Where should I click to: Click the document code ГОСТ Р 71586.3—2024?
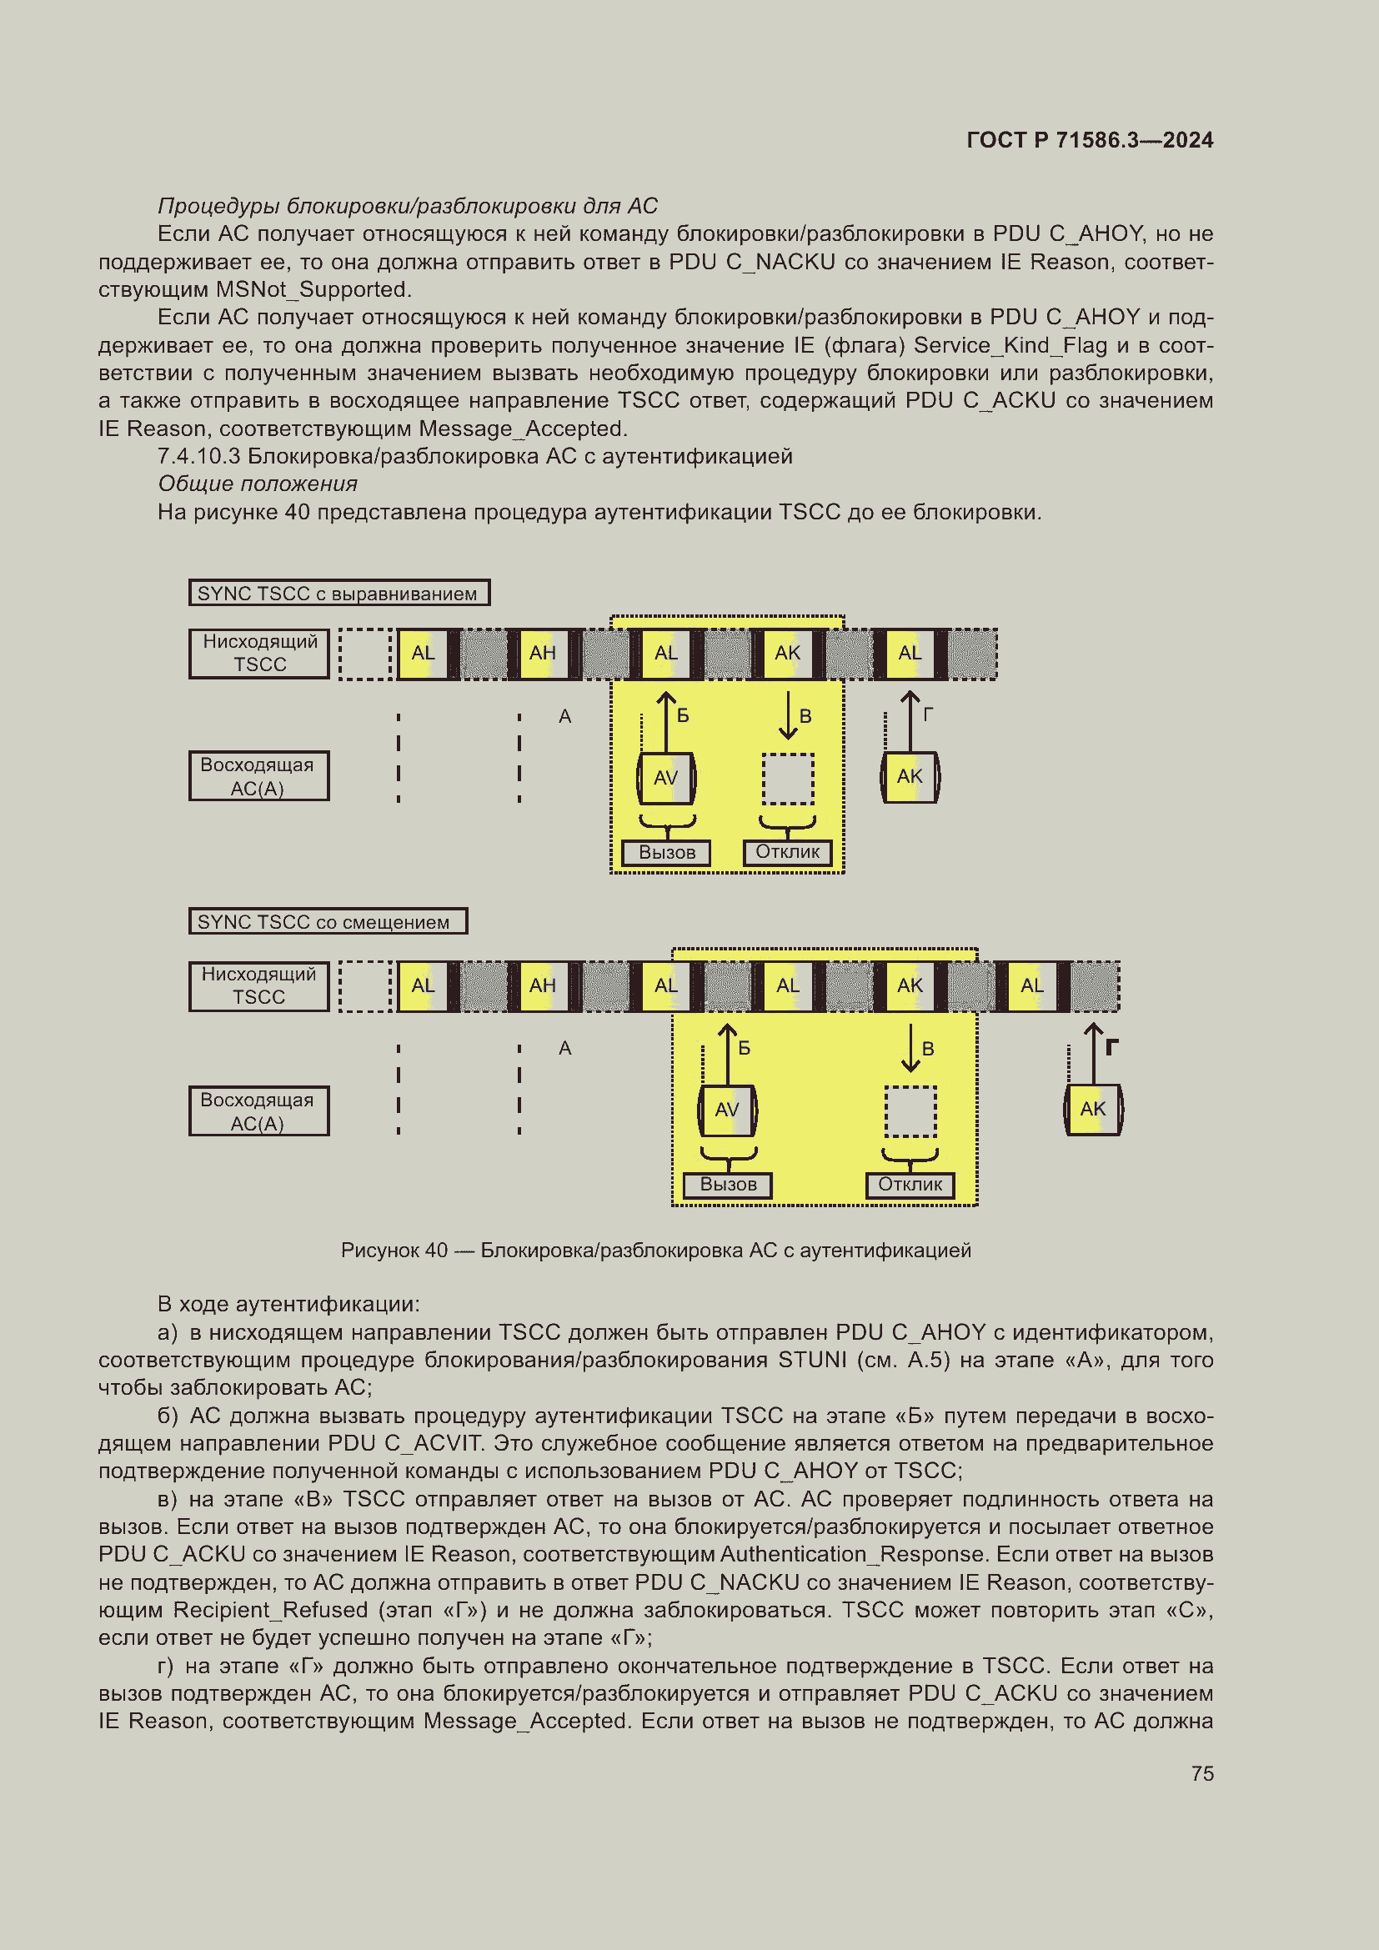1090,140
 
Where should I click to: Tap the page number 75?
1201,1773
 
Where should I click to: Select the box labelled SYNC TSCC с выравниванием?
338,593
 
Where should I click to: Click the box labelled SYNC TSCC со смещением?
328,921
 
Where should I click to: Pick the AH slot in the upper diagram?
543,653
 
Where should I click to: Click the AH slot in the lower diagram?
543,985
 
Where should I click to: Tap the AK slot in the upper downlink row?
787,653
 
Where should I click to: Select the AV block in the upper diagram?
665,777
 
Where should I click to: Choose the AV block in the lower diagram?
727,1109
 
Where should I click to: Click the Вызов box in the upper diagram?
667,852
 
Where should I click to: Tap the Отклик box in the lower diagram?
910,1184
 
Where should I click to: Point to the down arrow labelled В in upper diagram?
788,715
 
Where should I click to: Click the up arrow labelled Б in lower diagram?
728,1053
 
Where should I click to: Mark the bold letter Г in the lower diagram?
1111,1047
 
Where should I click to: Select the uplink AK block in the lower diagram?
1093,1109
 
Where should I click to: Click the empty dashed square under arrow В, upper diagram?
787,778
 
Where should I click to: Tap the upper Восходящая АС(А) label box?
259,776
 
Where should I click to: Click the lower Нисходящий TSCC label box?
259,985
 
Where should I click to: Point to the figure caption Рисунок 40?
654,1251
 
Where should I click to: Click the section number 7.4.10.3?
198,456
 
